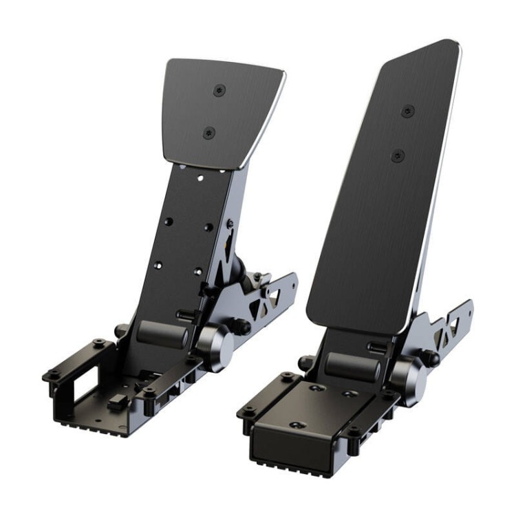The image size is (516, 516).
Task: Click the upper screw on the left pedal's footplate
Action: pyautogui.click(x=219, y=90)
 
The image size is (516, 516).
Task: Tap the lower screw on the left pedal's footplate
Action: pyautogui.click(x=210, y=133)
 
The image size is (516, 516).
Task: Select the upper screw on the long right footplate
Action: pyautogui.click(x=408, y=111)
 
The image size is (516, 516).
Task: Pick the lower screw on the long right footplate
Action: pyautogui.click(x=398, y=155)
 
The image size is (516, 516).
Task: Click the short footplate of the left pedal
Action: pyautogui.click(x=220, y=110)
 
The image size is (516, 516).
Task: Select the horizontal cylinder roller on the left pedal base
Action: pyautogui.click(x=162, y=334)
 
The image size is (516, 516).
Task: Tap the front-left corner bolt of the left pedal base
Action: pyautogui.click(x=51, y=375)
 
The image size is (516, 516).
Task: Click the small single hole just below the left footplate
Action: pyautogui.click(x=200, y=178)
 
